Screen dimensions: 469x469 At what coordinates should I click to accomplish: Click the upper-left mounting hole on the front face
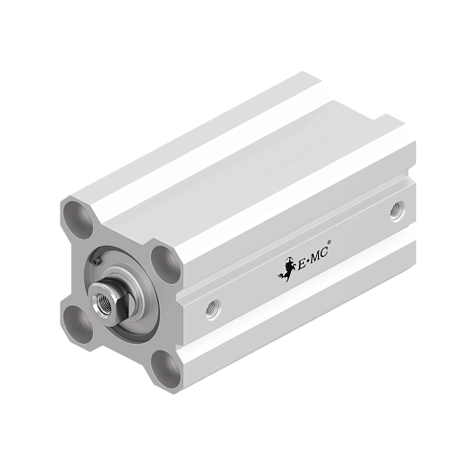tap(78, 220)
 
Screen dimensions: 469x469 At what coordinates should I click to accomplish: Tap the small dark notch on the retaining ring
tap(96, 261)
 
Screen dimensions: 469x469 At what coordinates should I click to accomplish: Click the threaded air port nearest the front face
tap(214, 310)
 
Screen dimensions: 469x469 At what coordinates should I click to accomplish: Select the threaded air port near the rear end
tap(398, 211)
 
